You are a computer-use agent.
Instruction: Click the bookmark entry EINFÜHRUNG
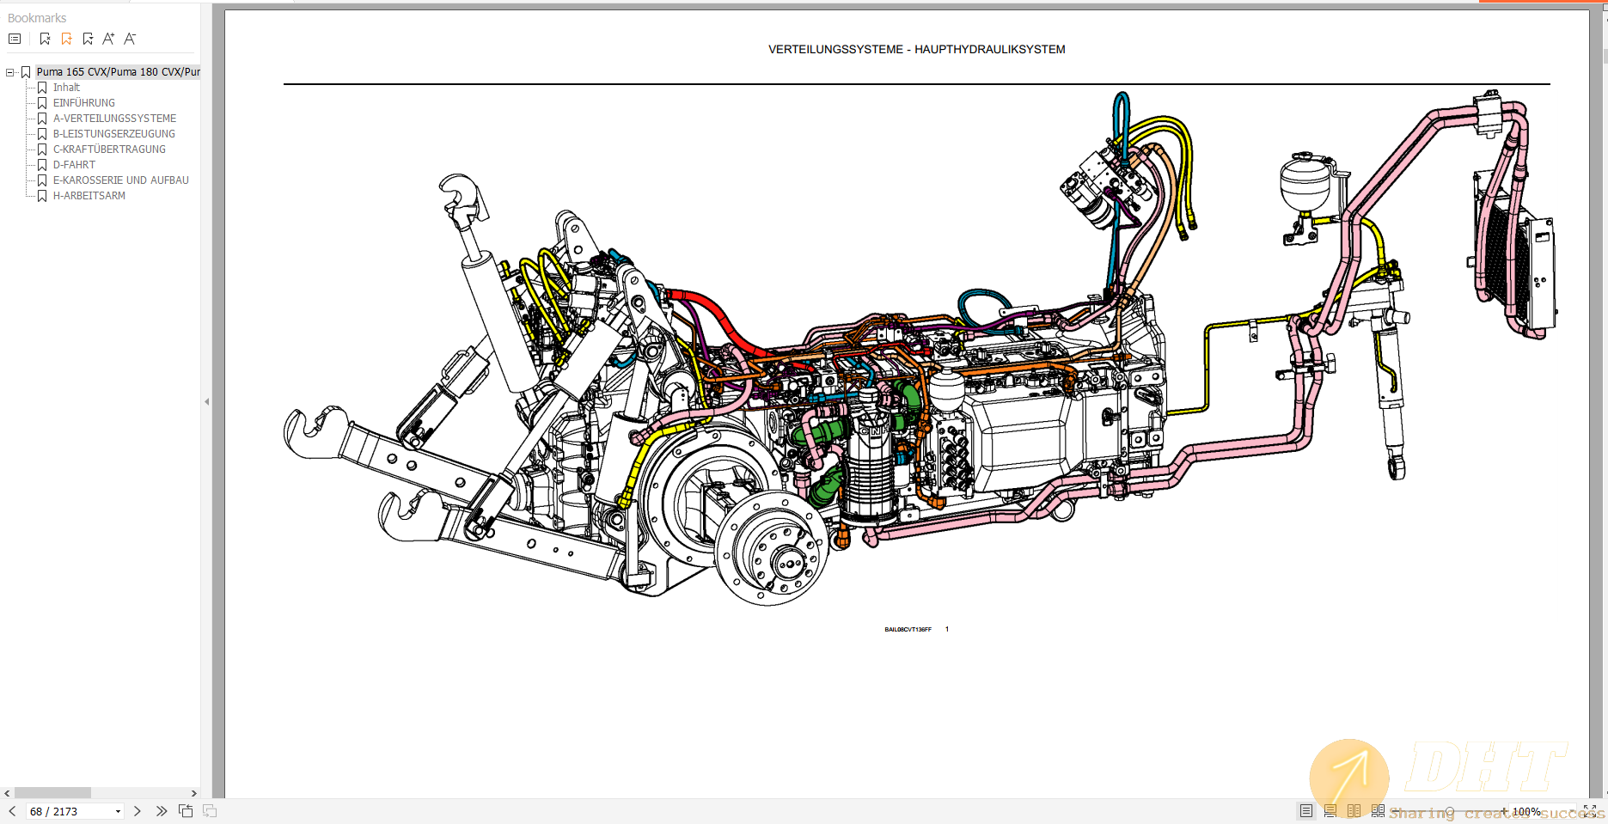83,103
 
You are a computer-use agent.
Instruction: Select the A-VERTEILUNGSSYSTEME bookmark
114,119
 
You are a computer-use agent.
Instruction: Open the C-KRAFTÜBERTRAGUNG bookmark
109,150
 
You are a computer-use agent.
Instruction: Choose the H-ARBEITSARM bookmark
89,196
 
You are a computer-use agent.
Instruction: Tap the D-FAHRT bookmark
74,165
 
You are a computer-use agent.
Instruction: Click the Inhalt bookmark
66,88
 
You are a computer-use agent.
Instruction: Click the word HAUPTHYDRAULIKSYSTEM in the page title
989,50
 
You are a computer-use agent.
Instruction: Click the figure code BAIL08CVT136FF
908,630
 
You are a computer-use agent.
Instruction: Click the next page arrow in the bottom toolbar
138,811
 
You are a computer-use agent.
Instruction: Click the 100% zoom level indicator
1526,811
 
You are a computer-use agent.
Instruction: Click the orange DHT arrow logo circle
1348,777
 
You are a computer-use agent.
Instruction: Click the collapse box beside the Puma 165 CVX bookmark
10,72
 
